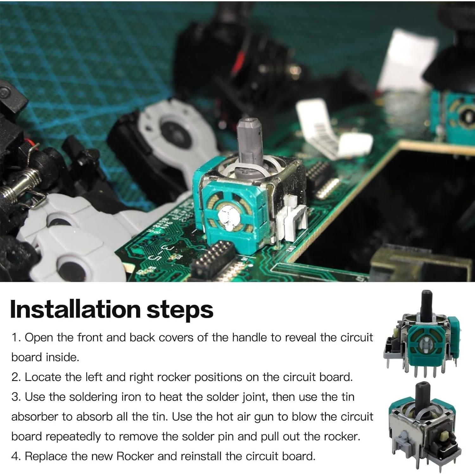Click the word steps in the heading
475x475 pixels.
pos(180,310)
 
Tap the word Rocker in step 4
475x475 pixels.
pos(135,456)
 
